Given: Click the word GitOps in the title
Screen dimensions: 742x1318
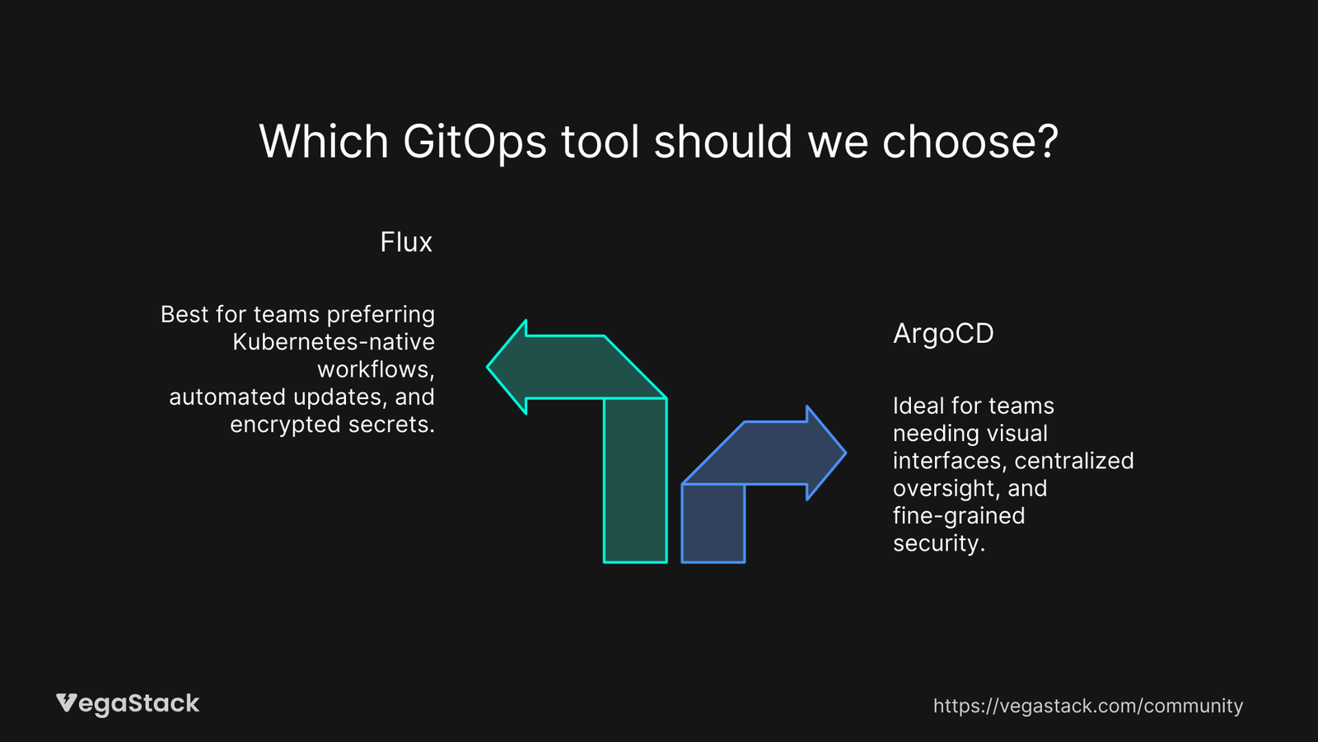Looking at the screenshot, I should (474, 142).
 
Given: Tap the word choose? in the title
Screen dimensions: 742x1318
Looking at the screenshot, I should (970, 142).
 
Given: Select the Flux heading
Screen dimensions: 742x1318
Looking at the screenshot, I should (406, 242).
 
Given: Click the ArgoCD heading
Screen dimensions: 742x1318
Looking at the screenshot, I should (943, 334).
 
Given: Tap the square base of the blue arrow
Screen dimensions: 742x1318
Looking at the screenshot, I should (713, 523).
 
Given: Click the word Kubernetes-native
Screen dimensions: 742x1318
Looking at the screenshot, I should (334, 342).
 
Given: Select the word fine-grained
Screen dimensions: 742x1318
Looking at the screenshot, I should (959, 516).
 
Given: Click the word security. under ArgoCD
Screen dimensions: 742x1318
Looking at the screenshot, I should (939, 543).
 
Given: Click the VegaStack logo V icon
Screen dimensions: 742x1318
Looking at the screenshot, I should (67, 703).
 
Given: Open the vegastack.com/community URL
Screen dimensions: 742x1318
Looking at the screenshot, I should (1087, 706).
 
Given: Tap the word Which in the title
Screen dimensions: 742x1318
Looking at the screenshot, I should (324, 142).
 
